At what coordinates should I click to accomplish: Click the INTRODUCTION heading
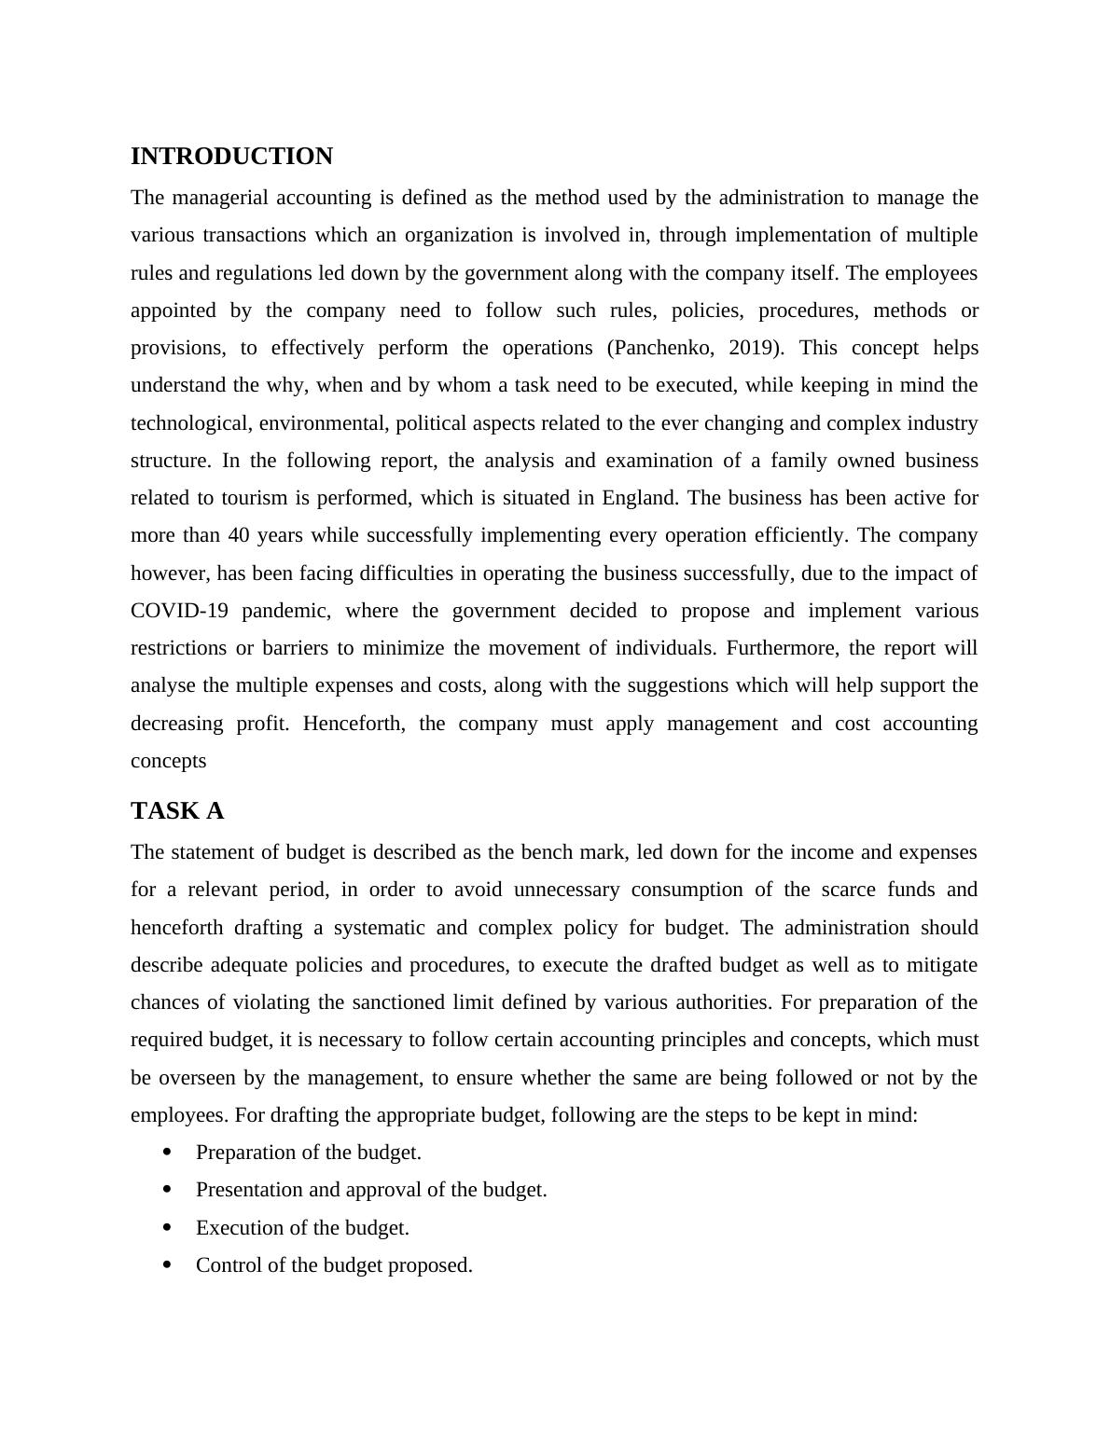231,157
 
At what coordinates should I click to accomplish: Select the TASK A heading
177,811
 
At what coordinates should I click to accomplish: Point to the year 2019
750,348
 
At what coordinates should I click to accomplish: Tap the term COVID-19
179,611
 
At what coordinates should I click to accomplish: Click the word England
640,498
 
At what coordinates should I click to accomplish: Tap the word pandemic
285,611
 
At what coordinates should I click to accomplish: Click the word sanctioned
395,1002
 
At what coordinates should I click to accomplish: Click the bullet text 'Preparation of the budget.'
308,1153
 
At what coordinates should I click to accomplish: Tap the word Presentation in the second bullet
245,1190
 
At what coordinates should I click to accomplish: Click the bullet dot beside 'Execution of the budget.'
168,1227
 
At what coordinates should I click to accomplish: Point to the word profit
262,724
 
